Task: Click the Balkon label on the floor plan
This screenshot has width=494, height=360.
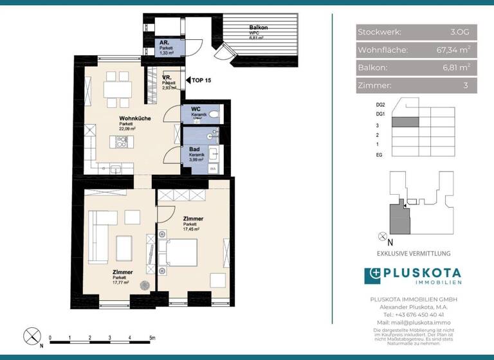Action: pyautogui.click(x=258, y=28)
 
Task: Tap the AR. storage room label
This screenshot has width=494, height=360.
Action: pyautogui.click(x=165, y=42)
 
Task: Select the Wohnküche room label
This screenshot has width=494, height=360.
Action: pyautogui.click(x=134, y=119)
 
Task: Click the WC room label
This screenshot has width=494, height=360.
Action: pyautogui.click(x=195, y=110)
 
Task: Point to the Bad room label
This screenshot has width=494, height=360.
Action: pyautogui.click(x=194, y=149)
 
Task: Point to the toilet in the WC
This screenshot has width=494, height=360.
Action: pyautogui.click(x=214, y=114)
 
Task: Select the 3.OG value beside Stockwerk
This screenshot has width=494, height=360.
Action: pyautogui.click(x=460, y=32)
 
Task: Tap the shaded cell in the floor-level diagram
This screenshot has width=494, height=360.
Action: pyautogui.click(x=405, y=122)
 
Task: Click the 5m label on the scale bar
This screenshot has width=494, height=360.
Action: pyautogui.click(x=152, y=337)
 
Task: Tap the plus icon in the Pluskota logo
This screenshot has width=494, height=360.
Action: pyautogui.click(x=372, y=276)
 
